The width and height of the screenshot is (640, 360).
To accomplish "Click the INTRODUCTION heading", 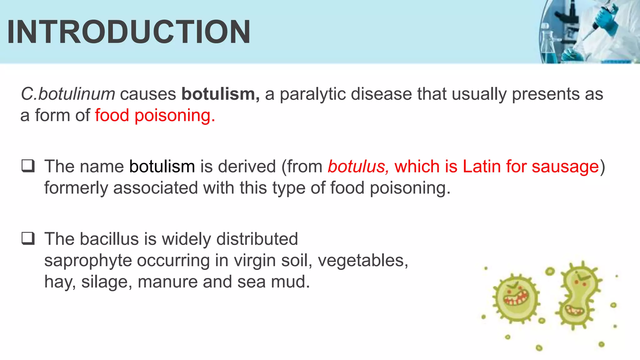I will point(128,32).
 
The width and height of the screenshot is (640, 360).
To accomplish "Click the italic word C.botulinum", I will point(68,94).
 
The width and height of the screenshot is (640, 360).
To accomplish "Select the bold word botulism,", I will point(221,94).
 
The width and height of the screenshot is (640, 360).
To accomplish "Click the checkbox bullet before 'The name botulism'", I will point(28,166).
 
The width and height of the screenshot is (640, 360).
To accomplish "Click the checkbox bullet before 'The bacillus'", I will point(28,239).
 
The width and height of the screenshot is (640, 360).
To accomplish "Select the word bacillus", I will point(109,239).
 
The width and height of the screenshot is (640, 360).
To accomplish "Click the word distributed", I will point(257,239).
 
